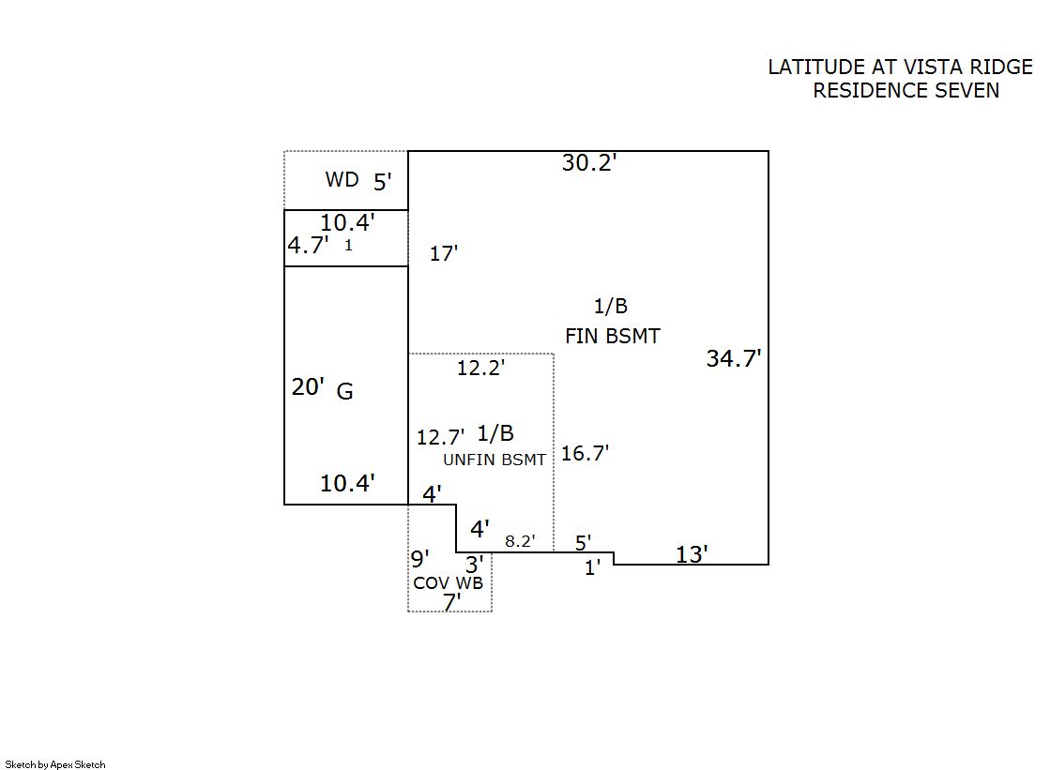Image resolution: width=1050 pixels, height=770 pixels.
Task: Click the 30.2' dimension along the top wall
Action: [588, 162]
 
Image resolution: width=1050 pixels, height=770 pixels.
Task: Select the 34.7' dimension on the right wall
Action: [734, 358]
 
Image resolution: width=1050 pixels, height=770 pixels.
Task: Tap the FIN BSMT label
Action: [612, 336]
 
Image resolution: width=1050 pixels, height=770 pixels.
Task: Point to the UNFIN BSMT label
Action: [495, 460]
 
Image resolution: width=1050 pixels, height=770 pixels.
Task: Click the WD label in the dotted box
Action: [342, 179]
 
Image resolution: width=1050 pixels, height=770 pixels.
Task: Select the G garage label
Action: [344, 392]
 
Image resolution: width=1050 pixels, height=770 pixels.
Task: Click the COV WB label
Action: [449, 582]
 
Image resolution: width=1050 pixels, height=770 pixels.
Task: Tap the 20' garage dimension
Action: [308, 386]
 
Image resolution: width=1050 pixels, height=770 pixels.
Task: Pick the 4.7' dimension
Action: [308, 246]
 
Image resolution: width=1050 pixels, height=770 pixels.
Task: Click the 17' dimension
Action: [443, 253]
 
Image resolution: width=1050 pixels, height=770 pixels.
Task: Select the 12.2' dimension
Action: [480, 369]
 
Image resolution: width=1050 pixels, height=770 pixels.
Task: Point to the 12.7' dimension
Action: [440, 437]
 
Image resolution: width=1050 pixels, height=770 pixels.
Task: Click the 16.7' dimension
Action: [585, 453]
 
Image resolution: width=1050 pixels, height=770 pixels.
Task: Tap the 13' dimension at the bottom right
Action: [692, 554]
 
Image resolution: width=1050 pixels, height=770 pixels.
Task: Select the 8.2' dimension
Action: [519, 541]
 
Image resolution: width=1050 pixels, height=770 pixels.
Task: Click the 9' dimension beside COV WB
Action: [419, 559]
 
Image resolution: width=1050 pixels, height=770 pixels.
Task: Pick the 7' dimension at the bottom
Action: [451, 603]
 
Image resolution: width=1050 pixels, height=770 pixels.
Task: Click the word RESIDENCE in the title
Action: [869, 91]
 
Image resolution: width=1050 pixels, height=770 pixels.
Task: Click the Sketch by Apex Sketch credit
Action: [55, 764]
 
